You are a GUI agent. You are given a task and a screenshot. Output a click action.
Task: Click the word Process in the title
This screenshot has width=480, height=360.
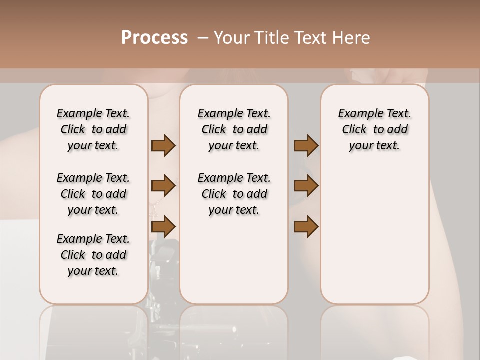[x=154, y=38]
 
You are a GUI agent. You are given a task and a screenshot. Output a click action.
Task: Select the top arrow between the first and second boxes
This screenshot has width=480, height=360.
[x=163, y=145]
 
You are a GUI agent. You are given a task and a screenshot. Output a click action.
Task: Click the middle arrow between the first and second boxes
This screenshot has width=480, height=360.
[x=163, y=186]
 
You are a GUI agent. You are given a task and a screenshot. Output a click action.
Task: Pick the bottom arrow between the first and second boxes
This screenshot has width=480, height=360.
[x=163, y=226]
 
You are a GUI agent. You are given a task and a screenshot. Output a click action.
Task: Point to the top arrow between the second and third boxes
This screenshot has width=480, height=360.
[x=306, y=145]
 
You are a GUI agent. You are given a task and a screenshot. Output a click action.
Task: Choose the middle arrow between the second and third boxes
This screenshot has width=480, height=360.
[x=306, y=186]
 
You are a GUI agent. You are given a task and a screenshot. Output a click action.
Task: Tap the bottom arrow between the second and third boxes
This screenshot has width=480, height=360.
[x=306, y=226]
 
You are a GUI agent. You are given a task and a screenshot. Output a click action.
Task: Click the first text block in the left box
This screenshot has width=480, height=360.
[x=93, y=129]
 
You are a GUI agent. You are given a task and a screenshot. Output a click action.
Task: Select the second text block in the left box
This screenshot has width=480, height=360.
[x=93, y=194]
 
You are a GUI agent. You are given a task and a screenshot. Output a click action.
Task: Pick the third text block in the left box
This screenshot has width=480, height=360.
[x=93, y=255]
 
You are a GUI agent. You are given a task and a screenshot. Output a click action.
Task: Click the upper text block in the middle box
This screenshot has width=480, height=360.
[x=234, y=129]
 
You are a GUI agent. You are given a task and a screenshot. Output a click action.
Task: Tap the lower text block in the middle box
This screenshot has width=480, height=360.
[x=234, y=194]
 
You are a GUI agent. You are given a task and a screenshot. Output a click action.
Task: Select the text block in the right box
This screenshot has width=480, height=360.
[x=375, y=129]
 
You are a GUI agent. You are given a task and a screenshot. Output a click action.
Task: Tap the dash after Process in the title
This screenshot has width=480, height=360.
[x=203, y=38]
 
